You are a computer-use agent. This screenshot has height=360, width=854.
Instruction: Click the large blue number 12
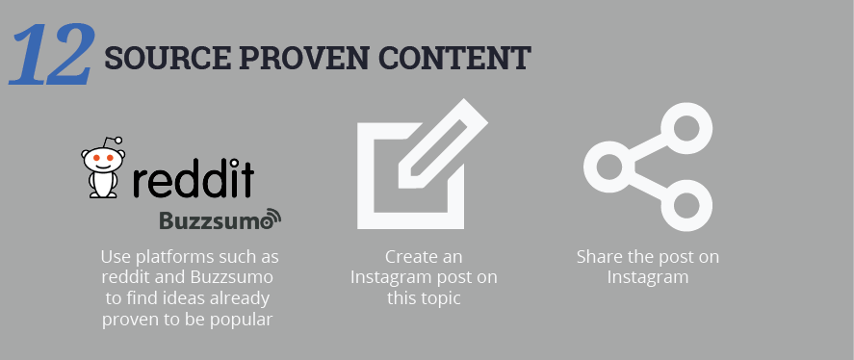point(52,54)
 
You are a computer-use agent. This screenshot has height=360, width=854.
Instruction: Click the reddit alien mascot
point(104,169)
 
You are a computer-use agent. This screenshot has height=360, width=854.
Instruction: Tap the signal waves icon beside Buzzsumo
point(272,218)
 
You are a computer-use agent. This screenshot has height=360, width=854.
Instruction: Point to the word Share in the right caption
point(599,257)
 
